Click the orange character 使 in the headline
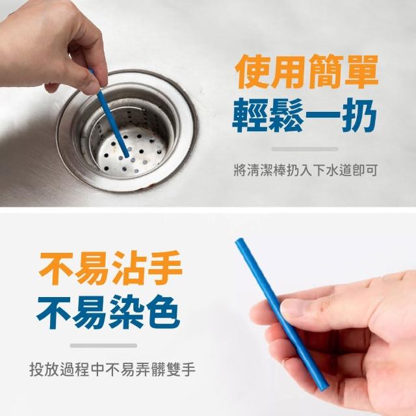[x=253, y=71]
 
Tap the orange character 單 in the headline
[x=360, y=71]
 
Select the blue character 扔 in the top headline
[x=359, y=115]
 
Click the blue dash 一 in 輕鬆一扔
[x=322, y=116]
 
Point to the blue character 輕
[x=250, y=115]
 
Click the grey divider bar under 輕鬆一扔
[x=305, y=149]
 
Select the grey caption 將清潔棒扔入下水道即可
[x=305, y=170]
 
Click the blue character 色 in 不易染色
[x=164, y=312]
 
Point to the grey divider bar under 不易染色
[x=103, y=345]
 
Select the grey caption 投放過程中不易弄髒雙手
[x=112, y=369]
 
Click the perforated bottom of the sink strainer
[x=132, y=153]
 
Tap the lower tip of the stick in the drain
[x=127, y=156]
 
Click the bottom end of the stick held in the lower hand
[x=324, y=387]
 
